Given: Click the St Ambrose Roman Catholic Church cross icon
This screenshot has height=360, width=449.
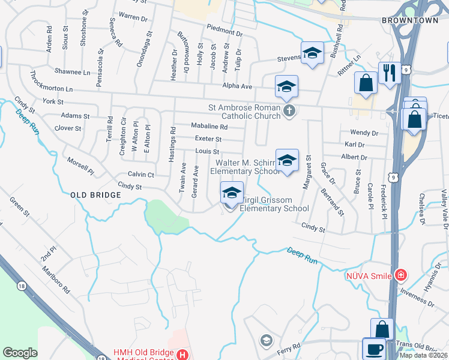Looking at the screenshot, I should (x=289, y=110).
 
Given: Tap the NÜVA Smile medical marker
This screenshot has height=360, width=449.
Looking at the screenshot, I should (x=400, y=275).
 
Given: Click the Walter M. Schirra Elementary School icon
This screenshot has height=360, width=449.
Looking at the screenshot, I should (x=288, y=160).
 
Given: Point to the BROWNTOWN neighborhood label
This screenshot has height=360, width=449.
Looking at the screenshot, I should (x=406, y=20).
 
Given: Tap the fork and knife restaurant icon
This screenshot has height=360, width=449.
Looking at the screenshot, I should (x=390, y=73).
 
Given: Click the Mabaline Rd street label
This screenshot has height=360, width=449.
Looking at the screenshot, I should (x=209, y=127).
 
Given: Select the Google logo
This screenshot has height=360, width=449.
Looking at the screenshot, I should (x=20, y=353).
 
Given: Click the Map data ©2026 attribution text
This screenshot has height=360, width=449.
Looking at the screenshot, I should (x=423, y=355).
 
